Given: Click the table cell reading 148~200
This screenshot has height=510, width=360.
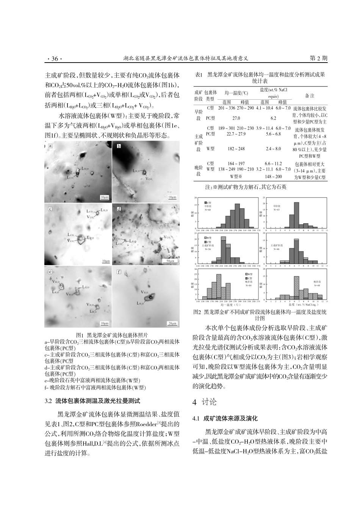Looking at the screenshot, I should point(273,176).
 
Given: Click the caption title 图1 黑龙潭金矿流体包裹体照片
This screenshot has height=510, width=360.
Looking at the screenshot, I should point(112,335).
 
